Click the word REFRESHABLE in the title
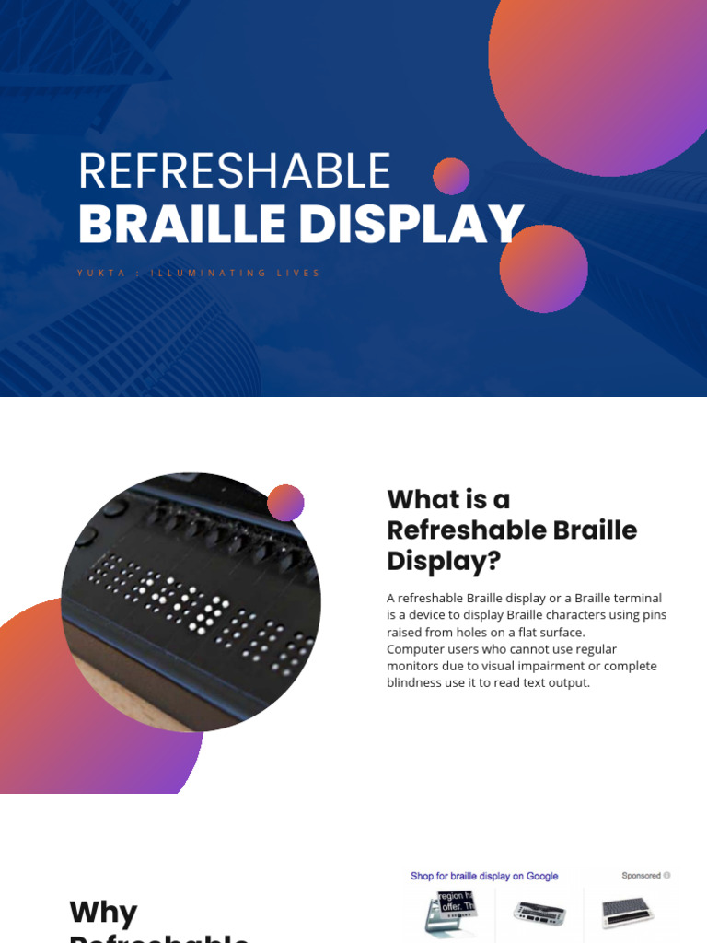click(x=235, y=172)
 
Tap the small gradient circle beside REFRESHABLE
click(x=451, y=176)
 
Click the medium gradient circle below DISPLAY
click(x=543, y=268)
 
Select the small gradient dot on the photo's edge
click(x=285, y=503)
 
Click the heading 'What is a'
click(x=448, y=499)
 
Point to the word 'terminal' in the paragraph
click(x=635, y=599)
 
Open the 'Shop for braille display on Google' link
click(x=484, y=876)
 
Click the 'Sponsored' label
click(x=641, y=876)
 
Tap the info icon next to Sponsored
click(x=667, y=876)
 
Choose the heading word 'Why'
click(x=103, y=913)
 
